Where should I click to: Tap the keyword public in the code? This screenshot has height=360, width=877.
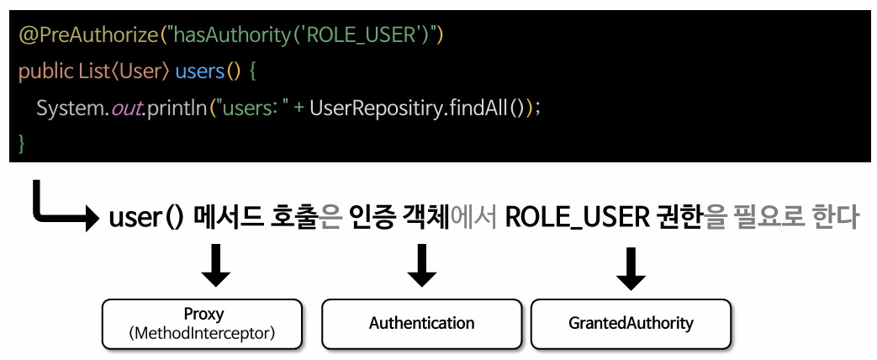coord(45,71)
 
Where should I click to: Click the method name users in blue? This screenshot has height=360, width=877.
coord(199,71)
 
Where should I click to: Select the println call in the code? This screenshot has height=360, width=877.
coord(178,108)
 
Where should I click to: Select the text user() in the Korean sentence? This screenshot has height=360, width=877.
coord(145,218)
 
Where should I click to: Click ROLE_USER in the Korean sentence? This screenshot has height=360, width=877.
coord(575,218)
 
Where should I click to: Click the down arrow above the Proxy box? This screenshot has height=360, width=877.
coord(215,267)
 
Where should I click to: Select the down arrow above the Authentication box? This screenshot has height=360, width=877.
coord(421,267)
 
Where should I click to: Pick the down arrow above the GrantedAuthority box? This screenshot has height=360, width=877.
coord(631,267)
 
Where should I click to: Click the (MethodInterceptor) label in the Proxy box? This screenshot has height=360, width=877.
coord(203,333)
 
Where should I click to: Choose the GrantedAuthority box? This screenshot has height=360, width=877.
coord(631,323)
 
